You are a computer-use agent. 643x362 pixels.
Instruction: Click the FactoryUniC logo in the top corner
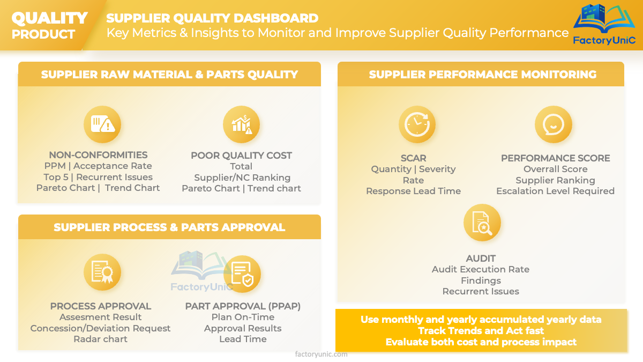coord(604,25)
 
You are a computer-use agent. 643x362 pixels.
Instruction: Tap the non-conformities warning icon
coord(102,124)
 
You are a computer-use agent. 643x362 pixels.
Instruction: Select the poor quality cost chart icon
coord(242,124)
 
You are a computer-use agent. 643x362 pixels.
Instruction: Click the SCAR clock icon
coord(417,124)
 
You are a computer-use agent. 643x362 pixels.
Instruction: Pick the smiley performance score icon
coord(554,124)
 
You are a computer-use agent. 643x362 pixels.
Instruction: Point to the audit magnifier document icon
coord(482,223)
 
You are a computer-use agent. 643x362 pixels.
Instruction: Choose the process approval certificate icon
coord(102,272)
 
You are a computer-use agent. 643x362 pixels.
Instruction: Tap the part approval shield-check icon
coord(242,274)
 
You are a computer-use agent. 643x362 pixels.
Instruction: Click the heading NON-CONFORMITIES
coord(98,155)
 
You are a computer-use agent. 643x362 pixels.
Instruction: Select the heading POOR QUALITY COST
coord(242,156)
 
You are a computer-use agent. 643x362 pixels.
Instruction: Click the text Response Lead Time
coord(413,191)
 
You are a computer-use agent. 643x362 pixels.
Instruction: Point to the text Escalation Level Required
coord(556,191)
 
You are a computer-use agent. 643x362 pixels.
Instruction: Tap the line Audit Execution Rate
coord(481,269)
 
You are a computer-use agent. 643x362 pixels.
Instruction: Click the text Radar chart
coord(101,339)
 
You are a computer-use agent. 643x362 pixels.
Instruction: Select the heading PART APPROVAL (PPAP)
coord(243,306)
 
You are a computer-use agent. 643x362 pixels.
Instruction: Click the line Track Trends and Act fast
coord(481,331)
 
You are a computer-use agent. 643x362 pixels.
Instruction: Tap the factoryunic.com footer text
coord(321,354)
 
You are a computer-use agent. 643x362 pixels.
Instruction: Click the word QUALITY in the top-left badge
coord(49,18)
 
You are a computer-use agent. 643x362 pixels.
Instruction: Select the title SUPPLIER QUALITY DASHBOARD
coord(212,18)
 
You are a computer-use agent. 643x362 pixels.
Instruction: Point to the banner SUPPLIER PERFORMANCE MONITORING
coord(483,75)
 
